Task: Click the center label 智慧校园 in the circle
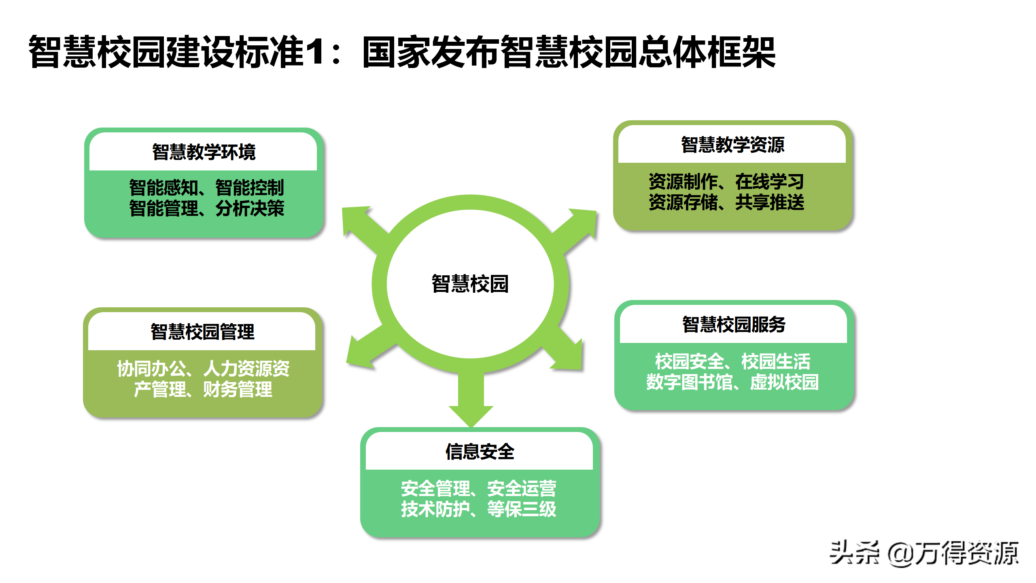tap(470, 284)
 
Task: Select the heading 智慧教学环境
tap(204, 152)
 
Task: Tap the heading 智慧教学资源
tap(732, 145)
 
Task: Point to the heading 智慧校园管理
tap(202, 332)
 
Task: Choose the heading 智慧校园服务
tap(734, 325)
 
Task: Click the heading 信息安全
tap(480, 452)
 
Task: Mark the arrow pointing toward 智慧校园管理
tap(366, 348)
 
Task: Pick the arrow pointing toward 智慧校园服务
tap(567, 350)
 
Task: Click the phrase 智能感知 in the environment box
tap(163, 188)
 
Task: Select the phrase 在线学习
tap(769, 181)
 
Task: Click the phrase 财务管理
tap(238, 389)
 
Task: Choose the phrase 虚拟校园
tap(784, 382)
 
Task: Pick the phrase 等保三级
tap(522, 509)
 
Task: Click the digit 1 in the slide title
tap(315, 51)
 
